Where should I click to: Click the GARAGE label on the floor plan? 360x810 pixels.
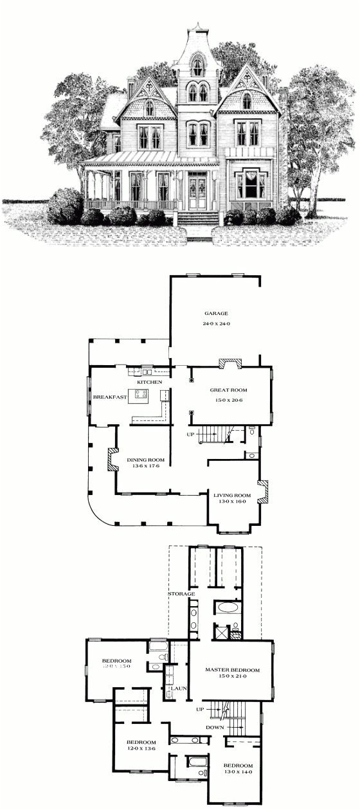pyautogui.click(x=216, y=314)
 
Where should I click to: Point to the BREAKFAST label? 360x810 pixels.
pyautogui.click(x=109, y=397)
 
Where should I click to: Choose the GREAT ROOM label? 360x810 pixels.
pyautogui.click(x=228, y=390)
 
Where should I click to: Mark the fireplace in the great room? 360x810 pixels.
pyautogui.click(x=230, y=364)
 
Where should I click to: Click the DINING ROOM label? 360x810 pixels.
pyautogui.click(x=145, y=460)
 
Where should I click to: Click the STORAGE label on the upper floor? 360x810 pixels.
pyautogui.click(x=182, y=594)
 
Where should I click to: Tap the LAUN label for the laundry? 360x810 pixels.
pyautogui.click(x=178, y=688)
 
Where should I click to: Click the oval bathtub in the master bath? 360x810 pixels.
pyautogui.click(x=228, y=607)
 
